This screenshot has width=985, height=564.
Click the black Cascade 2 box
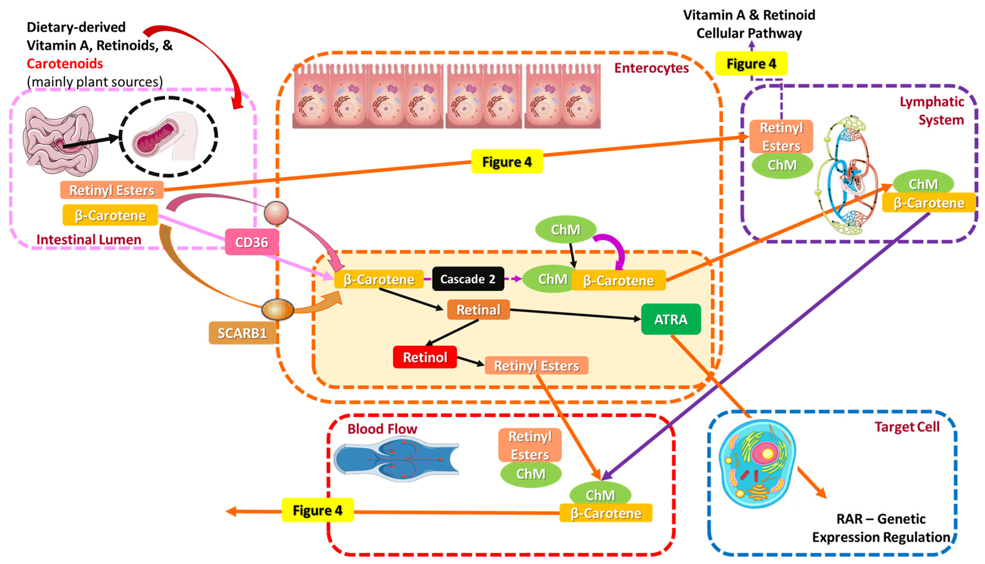click(x=468, y=279)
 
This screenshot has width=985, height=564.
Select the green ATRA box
click(x=671, y=319)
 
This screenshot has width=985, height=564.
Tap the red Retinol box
click(x=425, y=357)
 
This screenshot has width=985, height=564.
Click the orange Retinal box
click(x=478, y=310)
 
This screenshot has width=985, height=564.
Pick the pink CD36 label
click(x=252, y=242)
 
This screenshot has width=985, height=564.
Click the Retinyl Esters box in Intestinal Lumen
click(x=111, y=190)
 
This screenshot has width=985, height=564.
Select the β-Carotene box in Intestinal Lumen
click(x=110, y=215)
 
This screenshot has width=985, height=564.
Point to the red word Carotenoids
click(x=65, y=63)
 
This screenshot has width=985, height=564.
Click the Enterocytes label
click(x=651, y=68)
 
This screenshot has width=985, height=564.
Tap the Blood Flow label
click(x=382, y=429)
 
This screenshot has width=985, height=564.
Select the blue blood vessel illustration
click(x=395, y=459)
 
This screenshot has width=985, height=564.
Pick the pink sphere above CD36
click(x=276, y=213)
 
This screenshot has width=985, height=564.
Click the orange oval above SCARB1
click(x=277, y=310)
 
